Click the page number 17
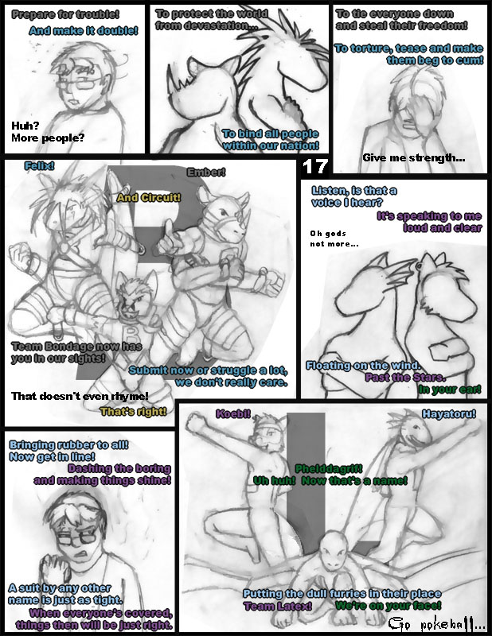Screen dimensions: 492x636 [x=314, y=167]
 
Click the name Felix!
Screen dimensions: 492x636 [x=40, y=166]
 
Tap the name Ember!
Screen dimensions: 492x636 [x=206, y=173]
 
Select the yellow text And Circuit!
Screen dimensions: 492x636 [x=149, y=197]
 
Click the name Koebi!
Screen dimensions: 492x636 [x=233, y=413]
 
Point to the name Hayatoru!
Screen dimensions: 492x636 [x=448, y=413]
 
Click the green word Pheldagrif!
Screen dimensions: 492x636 [x=329, y=469]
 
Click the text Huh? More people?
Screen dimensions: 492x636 [x=48, y=132]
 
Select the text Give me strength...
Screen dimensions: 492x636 [x=414, y=157]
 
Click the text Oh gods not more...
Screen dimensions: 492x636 [x=334, y=238]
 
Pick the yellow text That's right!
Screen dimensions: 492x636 [x=133, y=412]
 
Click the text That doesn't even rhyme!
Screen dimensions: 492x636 [x=80, y=396]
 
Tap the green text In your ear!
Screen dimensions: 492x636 [x=450, y=390]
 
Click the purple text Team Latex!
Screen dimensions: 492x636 [x=278, y=607]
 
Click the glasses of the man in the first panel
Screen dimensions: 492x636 [x=78, y=84]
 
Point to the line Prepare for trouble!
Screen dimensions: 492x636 [x=65, y=15]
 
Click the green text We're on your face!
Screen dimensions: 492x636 [x=389, y=606]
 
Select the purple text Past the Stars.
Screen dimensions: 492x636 [x=405, y=378]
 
